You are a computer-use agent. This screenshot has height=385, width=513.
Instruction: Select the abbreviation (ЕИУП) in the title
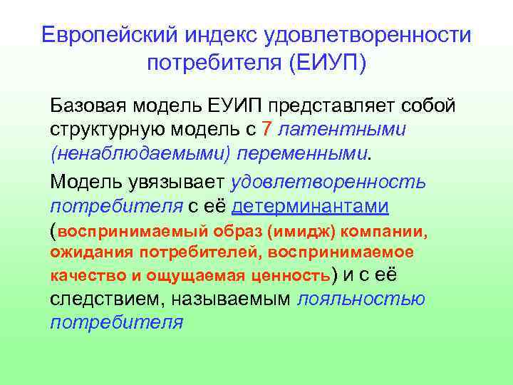click(x=327, y=63)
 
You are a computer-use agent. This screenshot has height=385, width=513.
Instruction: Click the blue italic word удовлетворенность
click(x=329, y=181)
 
